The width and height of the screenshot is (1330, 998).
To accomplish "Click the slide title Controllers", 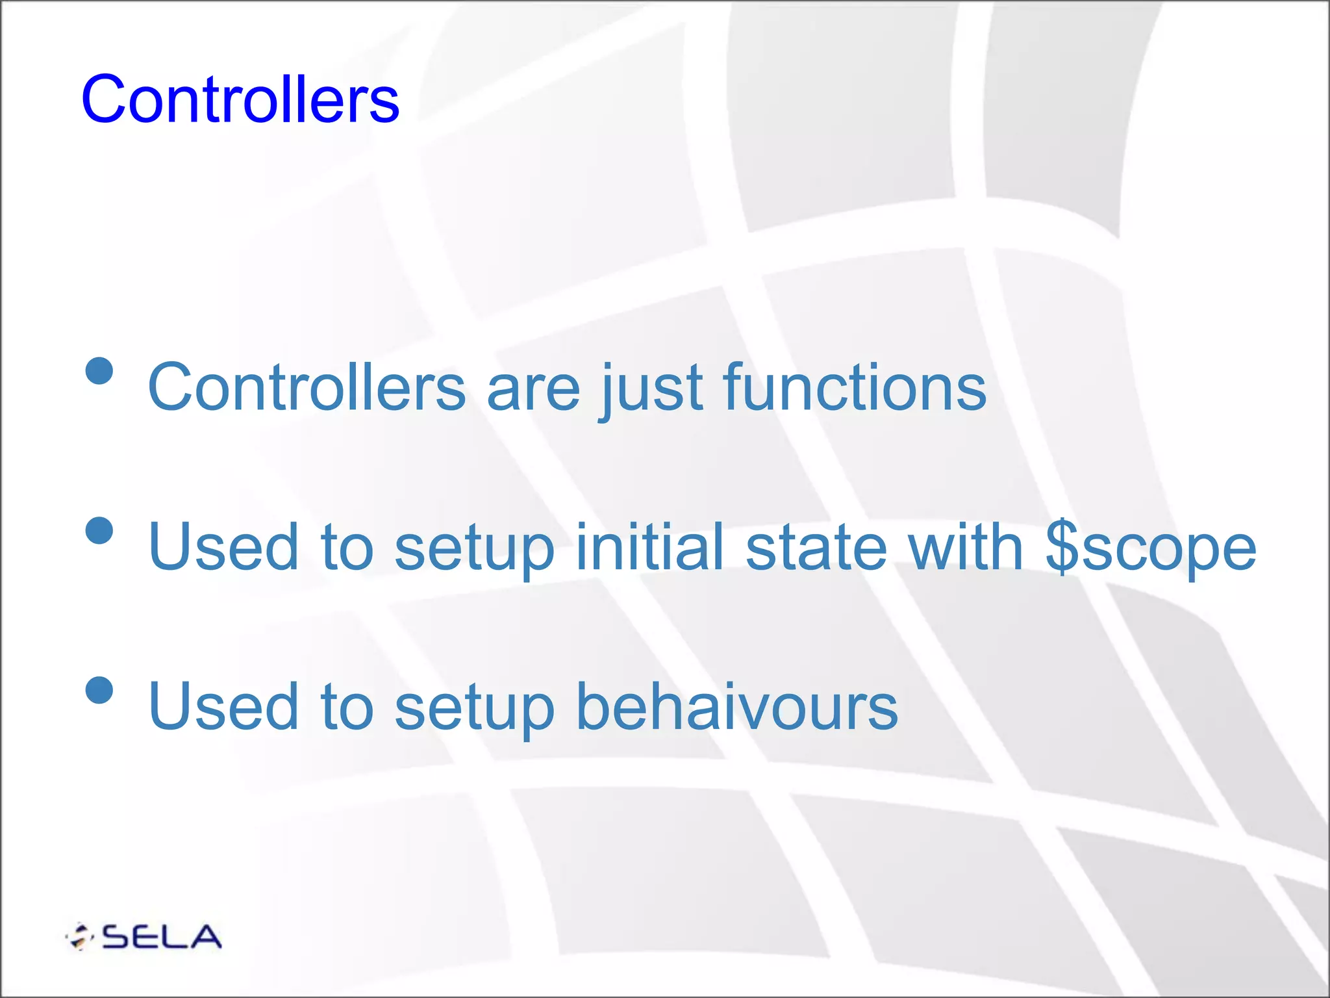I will click(x=240, y=99).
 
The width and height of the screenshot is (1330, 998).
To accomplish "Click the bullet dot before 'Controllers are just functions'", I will click(x=99, y=371).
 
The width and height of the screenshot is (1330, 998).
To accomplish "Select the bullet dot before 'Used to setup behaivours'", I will click(x=99, y=689).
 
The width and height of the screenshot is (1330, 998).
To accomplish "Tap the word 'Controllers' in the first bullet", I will click(x=307, y=388).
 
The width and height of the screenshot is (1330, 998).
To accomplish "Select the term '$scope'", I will click(x=1151, y=548).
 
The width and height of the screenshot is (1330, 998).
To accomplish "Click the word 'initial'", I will click(x=649, y=546).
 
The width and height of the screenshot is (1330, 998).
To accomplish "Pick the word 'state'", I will click(x=816, y=548).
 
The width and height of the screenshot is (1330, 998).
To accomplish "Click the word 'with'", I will click(x=966, y=546).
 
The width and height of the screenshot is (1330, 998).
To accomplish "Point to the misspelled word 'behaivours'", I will click(x=736, y=706).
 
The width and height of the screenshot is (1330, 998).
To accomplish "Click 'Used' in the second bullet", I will click(x=223, y=546).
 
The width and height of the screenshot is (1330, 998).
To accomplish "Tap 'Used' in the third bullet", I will click(x=223, y=706).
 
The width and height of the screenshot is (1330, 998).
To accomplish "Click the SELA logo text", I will click(x=162, y=937).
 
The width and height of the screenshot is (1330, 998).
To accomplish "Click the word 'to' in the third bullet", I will click(x=347, y=706).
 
